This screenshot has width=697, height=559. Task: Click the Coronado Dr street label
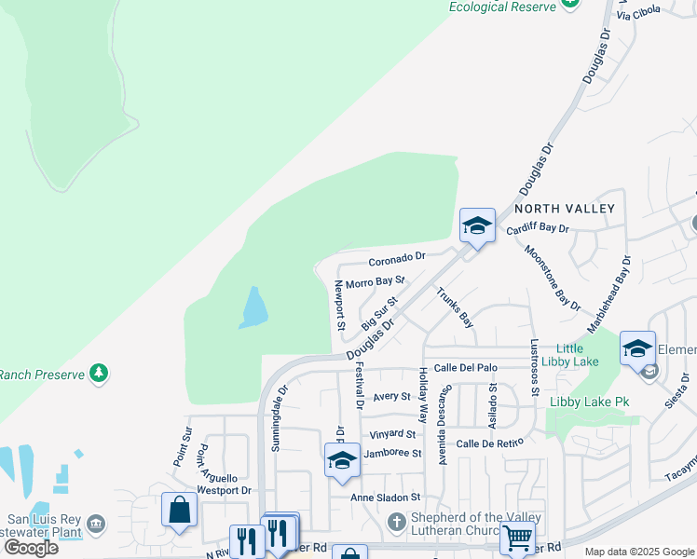[x=396, y=256]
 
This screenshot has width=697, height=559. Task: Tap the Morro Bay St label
[x=375, y=281]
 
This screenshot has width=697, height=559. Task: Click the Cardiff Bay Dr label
[x=537, y=228]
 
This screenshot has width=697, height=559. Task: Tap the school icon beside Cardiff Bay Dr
[x=477, y=225]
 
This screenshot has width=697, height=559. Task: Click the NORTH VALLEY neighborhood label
[x=565, y=208]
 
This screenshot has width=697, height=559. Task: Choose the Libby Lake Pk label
[x=590, y=402]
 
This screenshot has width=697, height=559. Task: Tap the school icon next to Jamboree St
[x=342, y=460]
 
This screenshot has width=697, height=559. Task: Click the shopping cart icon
[x=517, y=537]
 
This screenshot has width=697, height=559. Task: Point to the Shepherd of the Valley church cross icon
[x=396, y=520]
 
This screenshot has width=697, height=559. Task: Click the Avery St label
[x=392, y=396]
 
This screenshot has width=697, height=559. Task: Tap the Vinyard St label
[x=391, y=433]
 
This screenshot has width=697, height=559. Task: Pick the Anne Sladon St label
[x=386, y=498]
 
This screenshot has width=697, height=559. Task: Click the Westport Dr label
[x=225, y=490]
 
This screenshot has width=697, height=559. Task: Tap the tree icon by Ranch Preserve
[x=98, y=375]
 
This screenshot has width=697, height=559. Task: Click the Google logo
[x=31, y=547]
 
